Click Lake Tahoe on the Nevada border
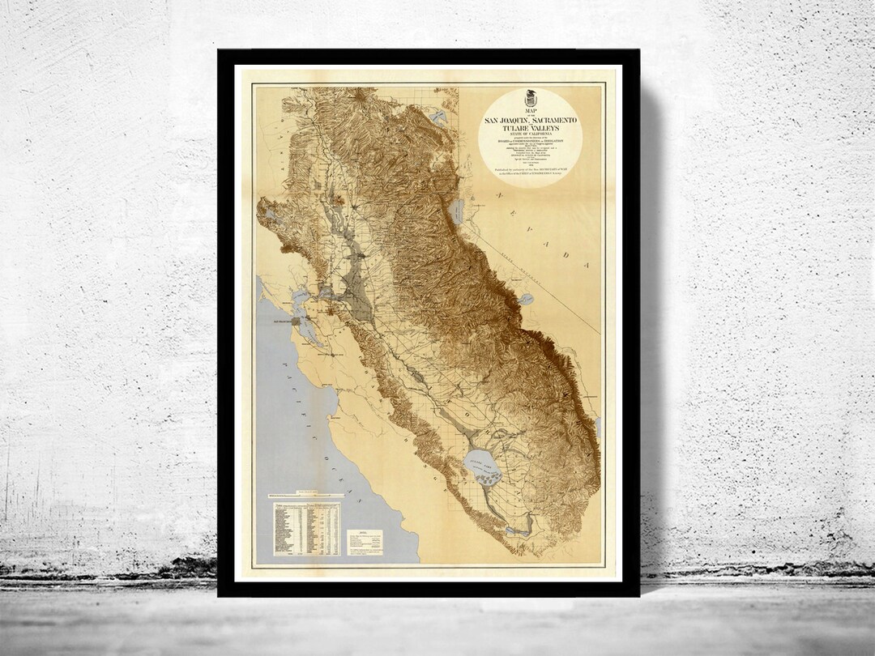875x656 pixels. (x=456, y=213)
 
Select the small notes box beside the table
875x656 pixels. (x=365, y=542)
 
